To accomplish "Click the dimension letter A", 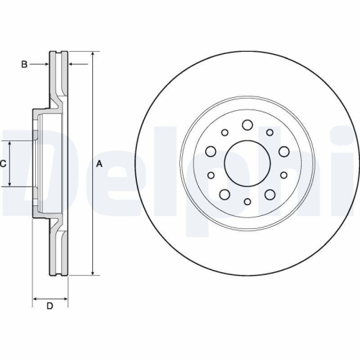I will click(99, 164).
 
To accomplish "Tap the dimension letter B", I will click(24, 65).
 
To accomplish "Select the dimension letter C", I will click(4, 164).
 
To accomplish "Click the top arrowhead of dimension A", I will click(93, 55).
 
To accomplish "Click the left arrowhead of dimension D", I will click(36, 297).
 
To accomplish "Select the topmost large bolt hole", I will click(247, 125).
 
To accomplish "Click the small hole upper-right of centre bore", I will click(269, 132).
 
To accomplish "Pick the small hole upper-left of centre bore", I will click(225, 132).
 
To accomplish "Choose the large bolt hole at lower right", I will click(270, 195).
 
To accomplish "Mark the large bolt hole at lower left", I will click(225, 195).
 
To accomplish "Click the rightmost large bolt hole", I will click(284, 150).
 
